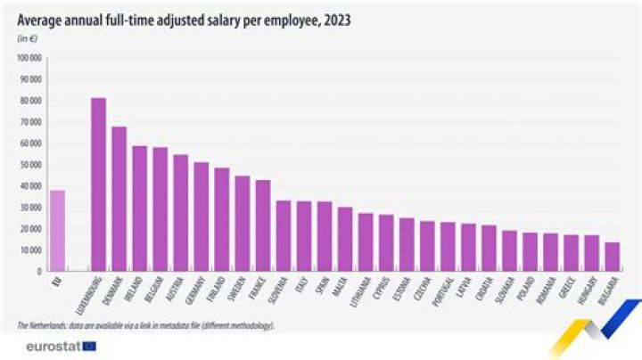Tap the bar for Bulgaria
pos(612,255)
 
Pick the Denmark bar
pos(119,197)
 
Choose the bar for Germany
pos(202,215)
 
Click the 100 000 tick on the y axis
pos(30,58)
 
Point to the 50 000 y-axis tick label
pos(30,165)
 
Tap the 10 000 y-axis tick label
pos(30,250)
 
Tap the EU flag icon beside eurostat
pos(88,345)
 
